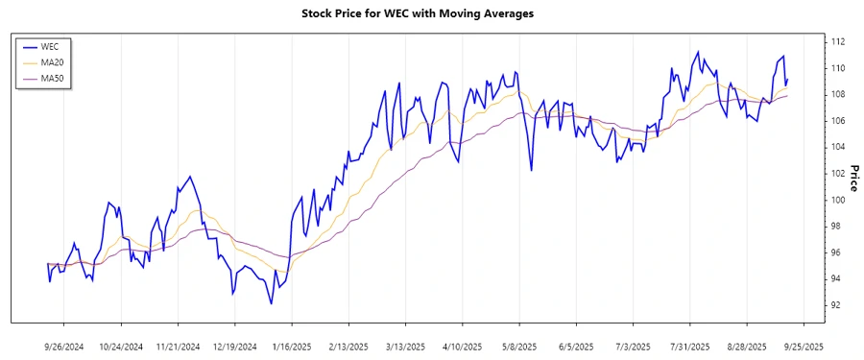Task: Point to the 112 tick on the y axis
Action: coord(837,42)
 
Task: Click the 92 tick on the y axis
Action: coord(837,305)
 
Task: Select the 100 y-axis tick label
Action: coord(837,200)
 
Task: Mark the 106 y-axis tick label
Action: coord(837,121)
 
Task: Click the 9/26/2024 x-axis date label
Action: coord(64,345)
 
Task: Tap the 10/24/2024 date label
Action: coord(122,345)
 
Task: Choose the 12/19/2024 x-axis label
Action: coord(235,345)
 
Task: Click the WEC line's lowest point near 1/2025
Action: coord(272,303)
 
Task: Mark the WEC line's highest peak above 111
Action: coord(698,52)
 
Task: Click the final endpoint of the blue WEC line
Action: coord(787,81)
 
